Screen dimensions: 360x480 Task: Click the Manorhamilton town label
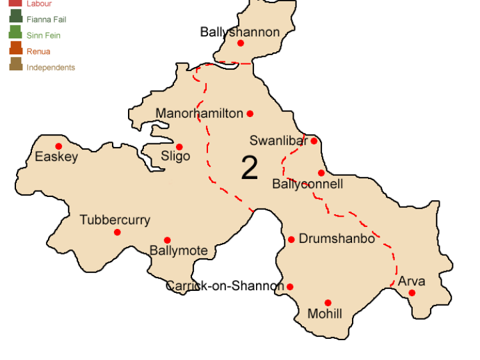tap(199, 114)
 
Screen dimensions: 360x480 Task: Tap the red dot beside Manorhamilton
tap(250, 114)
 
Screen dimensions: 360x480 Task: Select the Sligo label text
tap(175, 157)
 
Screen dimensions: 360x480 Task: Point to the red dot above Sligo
tap(179, 146)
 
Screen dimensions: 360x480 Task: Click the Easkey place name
tap(56, 157)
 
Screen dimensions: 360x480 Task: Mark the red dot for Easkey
tap(59, 146)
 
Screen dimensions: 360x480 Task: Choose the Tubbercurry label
tap(115, 220)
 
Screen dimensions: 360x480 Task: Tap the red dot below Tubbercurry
tap(117, 232)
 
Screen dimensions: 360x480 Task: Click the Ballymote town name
tap(178, 251)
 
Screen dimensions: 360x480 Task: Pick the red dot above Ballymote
tap(167, 240)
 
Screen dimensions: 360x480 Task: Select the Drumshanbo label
tap(337, 239)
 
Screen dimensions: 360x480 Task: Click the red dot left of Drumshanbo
tap(291, 239)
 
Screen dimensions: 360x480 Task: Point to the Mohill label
tap(324, 314)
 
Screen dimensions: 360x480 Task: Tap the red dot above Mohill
tap(328, 303)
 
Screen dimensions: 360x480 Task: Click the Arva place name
tap(411, 281)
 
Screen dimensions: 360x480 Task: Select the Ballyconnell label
tap(307, 184)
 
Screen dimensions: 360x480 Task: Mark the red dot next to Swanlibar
tap(314, 141)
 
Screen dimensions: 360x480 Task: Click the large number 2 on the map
tap(249, 168)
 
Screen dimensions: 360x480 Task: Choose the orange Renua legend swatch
tap(15, 50)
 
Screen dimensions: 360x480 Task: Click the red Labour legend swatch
tap(15, 4)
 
